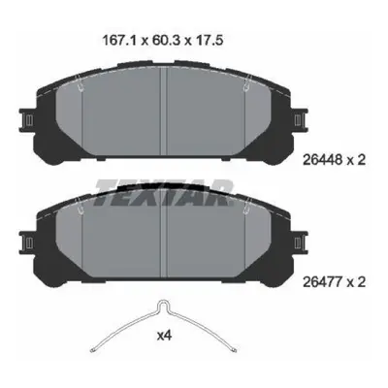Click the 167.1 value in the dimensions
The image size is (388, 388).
(120, 41)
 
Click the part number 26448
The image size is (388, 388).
(322, 160)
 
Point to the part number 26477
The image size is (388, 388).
(322, 282)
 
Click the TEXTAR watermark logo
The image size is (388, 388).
(164, 193)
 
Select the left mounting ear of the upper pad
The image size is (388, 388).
(27, 120)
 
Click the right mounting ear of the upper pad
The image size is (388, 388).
(300, 120)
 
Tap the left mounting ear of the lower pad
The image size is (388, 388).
(27, 242)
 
